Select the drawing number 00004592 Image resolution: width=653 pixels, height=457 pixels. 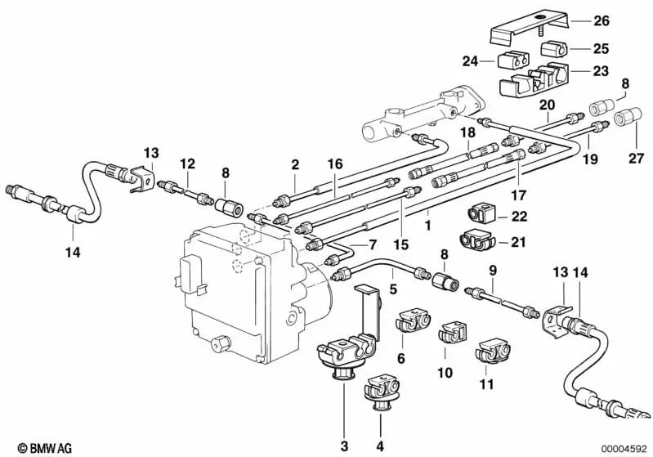pos(623,447)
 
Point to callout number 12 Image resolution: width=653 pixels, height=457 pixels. pos(187,164)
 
